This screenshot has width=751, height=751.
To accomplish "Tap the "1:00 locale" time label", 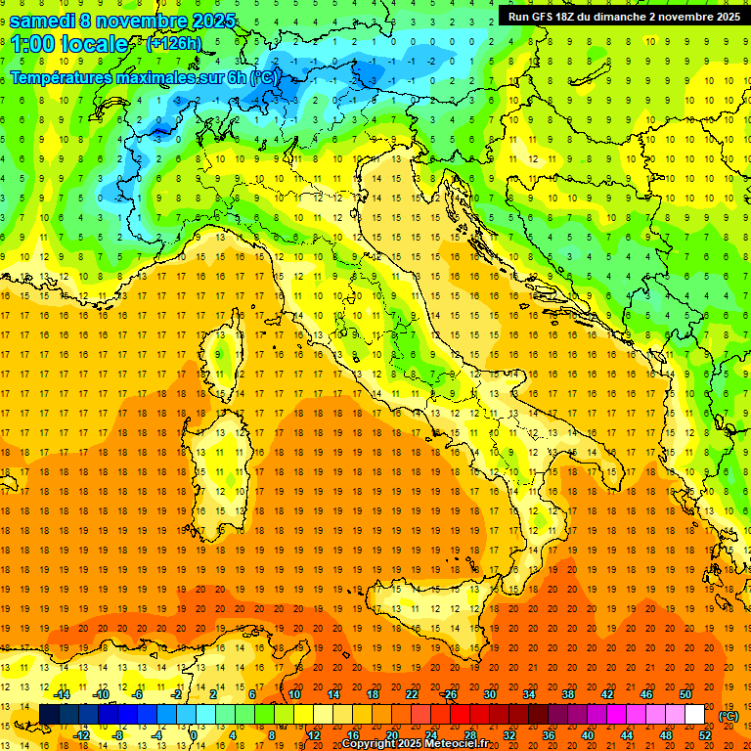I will click(68, 44).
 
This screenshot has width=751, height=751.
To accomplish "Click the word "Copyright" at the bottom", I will click(369, 744).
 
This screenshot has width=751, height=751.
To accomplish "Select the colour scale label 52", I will click(705, 734).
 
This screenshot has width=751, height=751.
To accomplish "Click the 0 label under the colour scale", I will click(194, 734).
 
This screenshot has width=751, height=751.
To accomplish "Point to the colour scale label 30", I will click(490, 694).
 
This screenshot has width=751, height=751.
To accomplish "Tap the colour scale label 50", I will click(685, 694).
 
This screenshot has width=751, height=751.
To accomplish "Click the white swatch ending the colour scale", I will click(694, 714).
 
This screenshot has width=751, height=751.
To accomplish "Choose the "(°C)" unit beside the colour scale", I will click(729, 716).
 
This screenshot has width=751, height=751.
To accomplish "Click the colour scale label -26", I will click(449, 694).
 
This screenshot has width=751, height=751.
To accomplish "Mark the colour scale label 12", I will click(313, 734).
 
